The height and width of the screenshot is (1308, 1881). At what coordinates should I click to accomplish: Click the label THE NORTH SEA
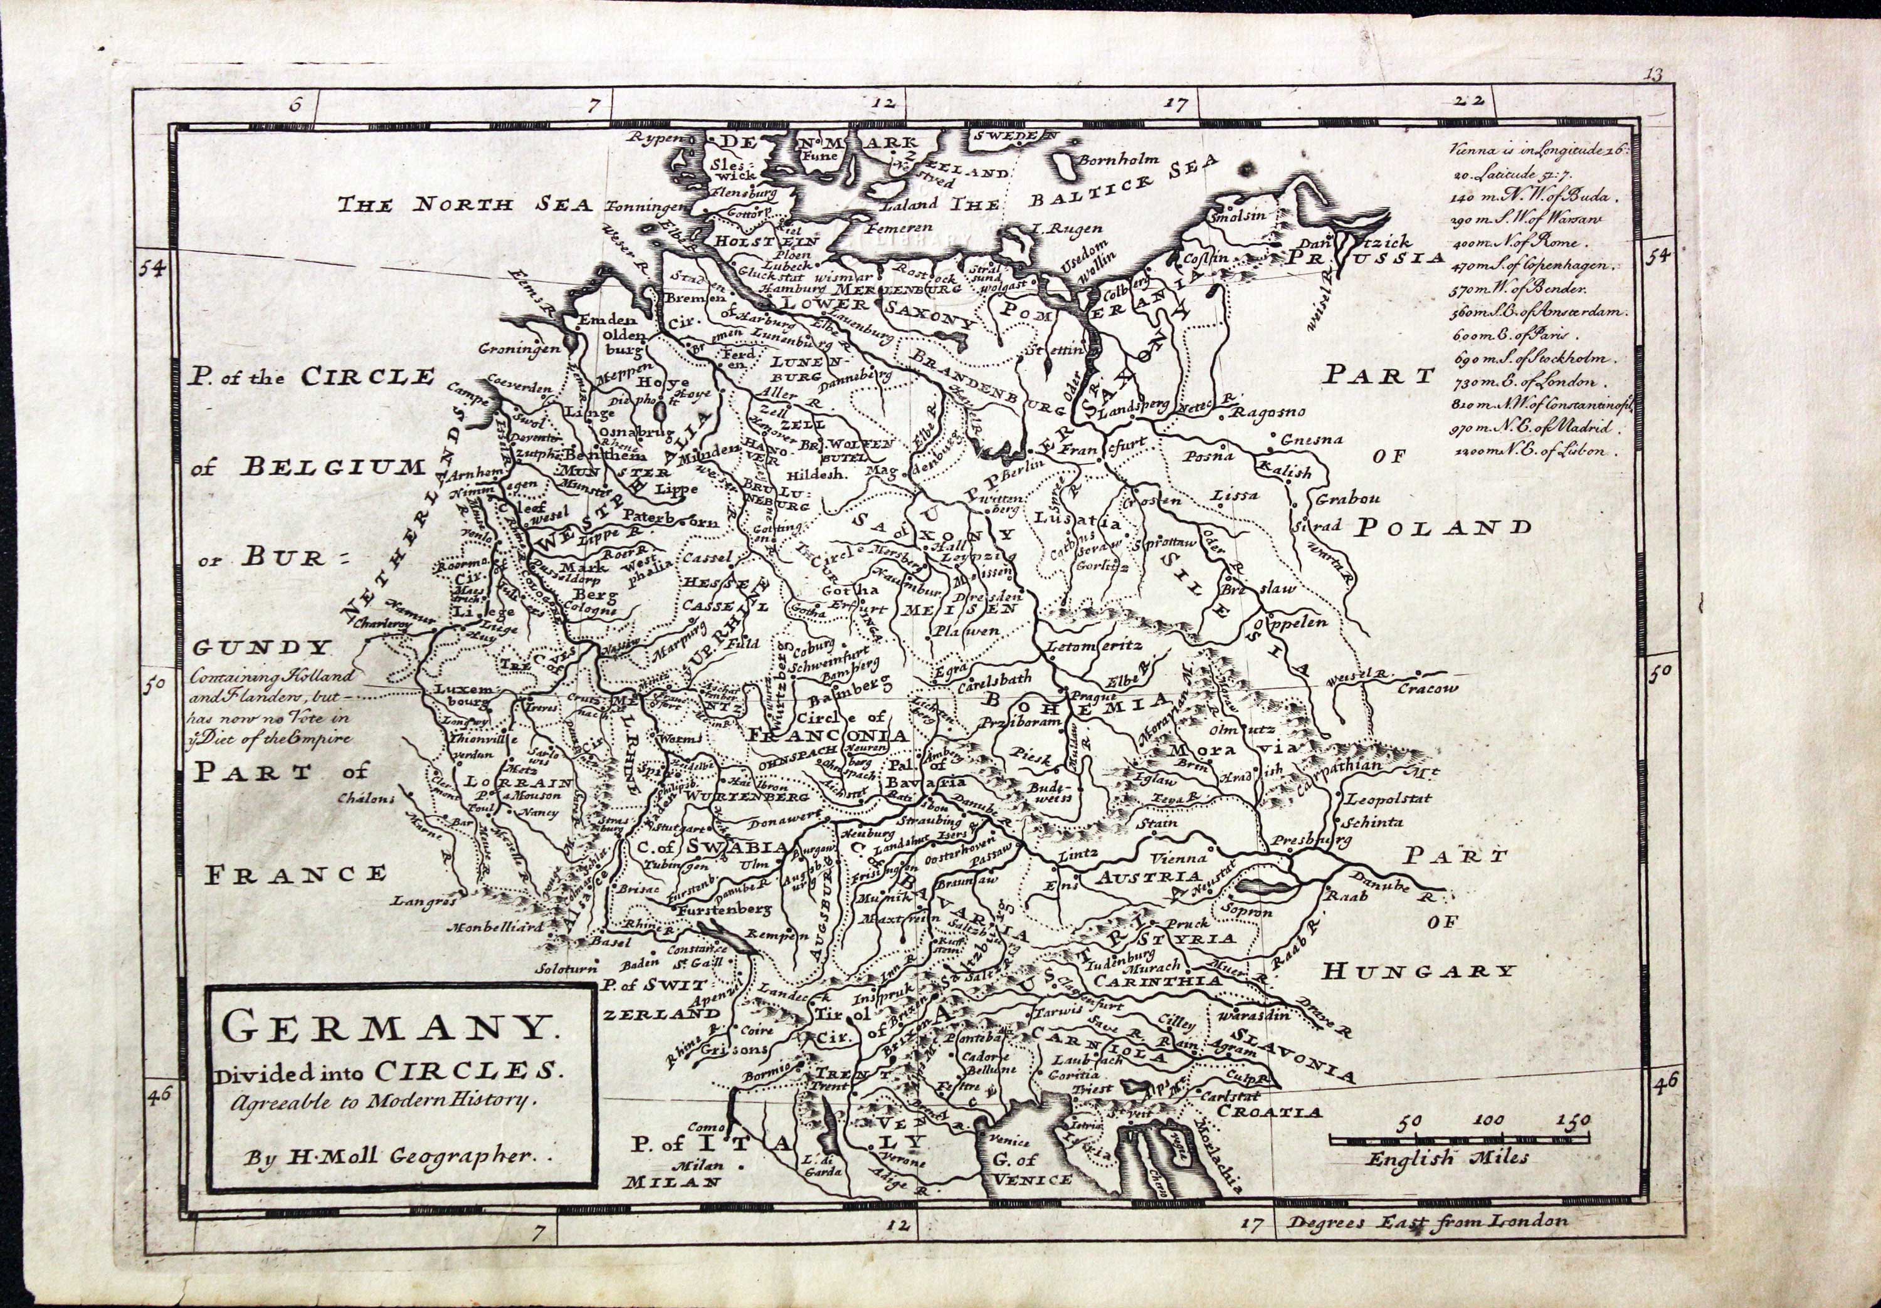[x=466, y=205]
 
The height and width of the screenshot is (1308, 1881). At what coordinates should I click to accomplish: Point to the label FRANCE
[x=294, y=874]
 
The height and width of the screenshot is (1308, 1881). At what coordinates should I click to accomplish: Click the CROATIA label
[x=1269, y=1112]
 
